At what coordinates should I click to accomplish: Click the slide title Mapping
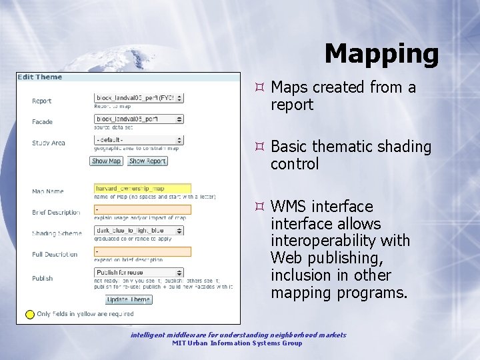[x=381, y=54]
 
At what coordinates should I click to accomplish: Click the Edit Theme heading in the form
[x=40, y=77]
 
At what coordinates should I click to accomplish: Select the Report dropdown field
[x=139, y=98]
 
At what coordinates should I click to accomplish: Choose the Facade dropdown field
[x=139, y=119]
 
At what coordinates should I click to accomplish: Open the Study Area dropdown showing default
[x=139, y=141]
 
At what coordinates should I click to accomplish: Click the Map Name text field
[x=143, y=189]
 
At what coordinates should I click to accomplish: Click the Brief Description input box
[x=143, y=210]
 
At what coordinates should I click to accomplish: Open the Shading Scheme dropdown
[x=139, y=231]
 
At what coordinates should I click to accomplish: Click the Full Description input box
[x=143, y=252]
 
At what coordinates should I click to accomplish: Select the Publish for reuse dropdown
[x=139, y=273]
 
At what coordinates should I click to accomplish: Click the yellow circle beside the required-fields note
[x=30, y=314]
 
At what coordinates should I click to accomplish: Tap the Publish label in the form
[x=42, y=279]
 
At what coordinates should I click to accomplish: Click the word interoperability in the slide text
[x=340, y=241]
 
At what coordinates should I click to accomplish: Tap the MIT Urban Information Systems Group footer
[x=237, y=343]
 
